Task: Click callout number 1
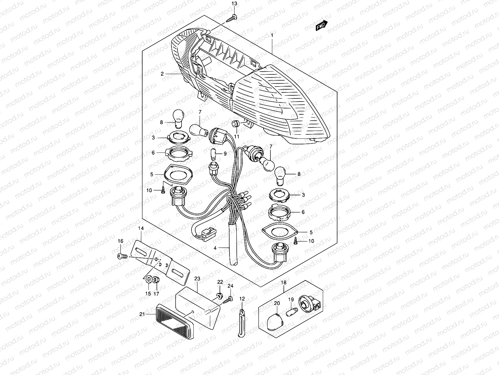272,36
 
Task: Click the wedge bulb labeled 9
213,154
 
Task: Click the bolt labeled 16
122,257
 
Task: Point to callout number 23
197,278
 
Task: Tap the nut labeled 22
220,295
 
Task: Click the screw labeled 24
230,299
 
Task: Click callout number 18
283,282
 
